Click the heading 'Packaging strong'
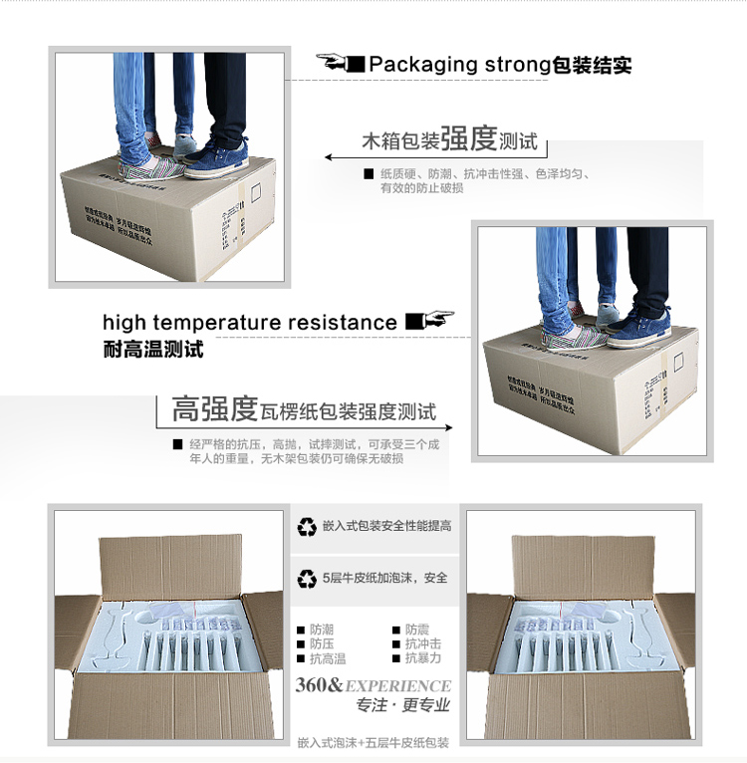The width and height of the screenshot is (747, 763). (459, 66)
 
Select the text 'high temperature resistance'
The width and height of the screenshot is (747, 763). (249, 323)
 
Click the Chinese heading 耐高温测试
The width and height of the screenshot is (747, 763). (152, 350)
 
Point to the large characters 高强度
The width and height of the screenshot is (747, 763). (215, 409)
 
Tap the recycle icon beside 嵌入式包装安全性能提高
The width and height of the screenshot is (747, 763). (307, 526)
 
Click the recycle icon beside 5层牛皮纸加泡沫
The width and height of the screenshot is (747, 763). (307, 578)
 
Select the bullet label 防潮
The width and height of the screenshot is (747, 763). (322, 631)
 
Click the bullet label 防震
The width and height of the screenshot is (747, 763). (416, 631)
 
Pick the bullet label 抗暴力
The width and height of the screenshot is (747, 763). (422, 658)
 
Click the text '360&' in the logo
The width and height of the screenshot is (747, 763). (319, 685)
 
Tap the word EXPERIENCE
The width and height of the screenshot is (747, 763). (397, 686)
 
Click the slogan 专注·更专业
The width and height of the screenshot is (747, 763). (402, 706)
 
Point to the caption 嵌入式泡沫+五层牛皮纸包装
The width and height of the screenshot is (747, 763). (373, 742)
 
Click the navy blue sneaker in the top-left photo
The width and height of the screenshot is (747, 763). (217, 158)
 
